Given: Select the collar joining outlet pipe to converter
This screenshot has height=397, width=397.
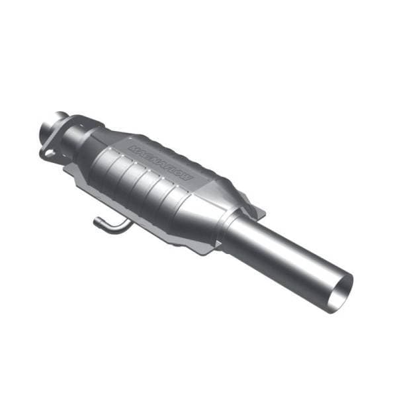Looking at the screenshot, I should point(233,228).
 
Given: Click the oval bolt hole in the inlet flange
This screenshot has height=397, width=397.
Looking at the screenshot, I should point(48,153).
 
